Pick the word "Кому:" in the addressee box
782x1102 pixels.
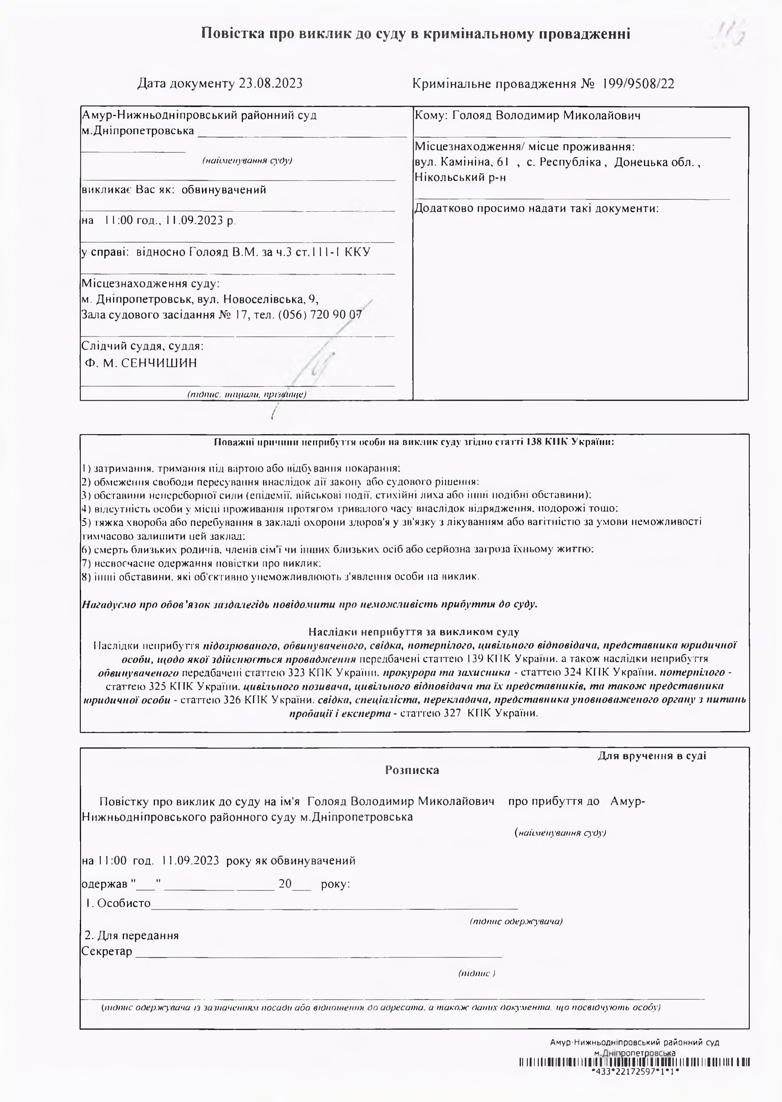click(431, 116)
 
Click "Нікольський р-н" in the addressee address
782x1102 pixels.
click(460, 178)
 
